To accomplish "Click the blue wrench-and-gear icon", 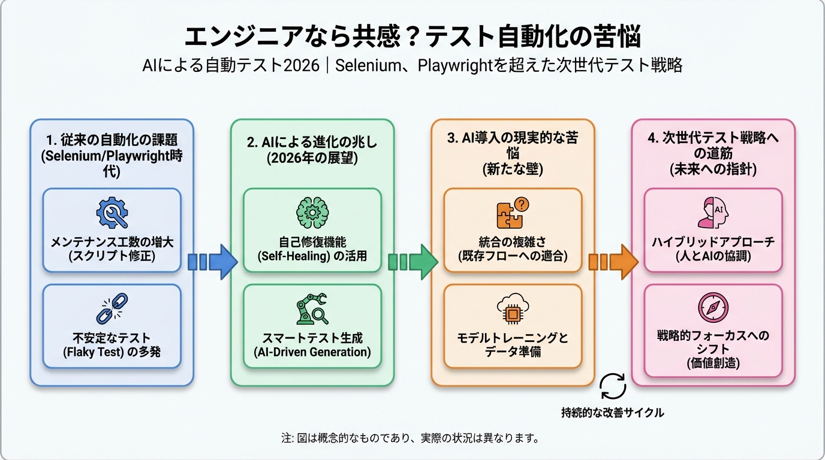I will [x=112, y=213].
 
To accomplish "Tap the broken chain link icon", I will [x=112, y=308].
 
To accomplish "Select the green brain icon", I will [x=312, y=213].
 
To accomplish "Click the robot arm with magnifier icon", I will [x=312, y=308].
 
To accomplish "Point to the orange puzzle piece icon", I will [x=513, y=213].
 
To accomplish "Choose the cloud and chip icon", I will [x=513, y=308].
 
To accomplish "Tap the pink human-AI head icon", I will [x=713, y=213].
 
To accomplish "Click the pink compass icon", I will [x=713, y=308].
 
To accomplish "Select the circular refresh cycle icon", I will [x=613, y=387].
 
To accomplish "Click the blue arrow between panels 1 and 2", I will [x=212, y=262].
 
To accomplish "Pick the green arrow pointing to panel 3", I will [x=412, y=262].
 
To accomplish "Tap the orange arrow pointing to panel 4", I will [x=613, y=262].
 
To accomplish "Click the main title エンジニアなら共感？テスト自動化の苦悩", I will [x=412, y=37].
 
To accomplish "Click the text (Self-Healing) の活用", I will [x=312, y=256].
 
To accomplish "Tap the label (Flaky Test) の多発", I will [x=112, y=352].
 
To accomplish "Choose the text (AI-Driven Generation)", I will [x=312, y=352].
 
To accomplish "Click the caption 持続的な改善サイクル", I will [x=613, y=413].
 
